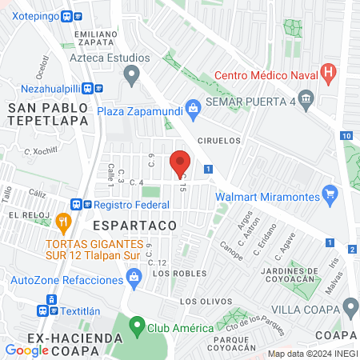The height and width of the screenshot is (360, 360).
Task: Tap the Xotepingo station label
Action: pyautogui.click(x=36, y=15)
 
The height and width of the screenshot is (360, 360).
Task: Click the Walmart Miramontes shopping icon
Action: pyautogui.click(x=329, y=194)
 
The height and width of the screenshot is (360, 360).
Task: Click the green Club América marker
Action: pyautogui.click(x=137, y=326)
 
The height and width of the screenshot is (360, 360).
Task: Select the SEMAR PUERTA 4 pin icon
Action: pyautogui.click(x=310, y=98)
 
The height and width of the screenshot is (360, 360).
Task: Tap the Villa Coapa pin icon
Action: pyautogui.click(x=350, y=307)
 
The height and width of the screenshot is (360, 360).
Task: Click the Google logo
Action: pyautogui.click(x=26, y=350)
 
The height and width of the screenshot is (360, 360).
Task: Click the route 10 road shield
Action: pyautogui.click(x=346, y=136)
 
